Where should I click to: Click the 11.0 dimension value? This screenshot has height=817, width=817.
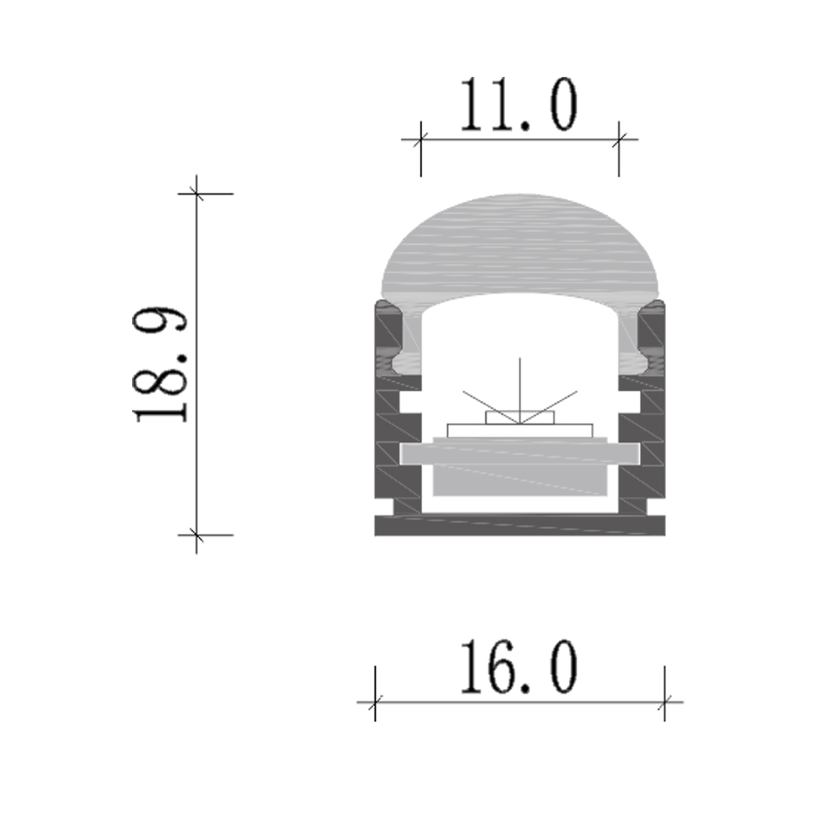tap(519, 105)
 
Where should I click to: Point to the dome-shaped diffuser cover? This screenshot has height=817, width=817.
tap(519, 245)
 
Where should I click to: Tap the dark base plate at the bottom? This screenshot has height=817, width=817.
tap(519, 525)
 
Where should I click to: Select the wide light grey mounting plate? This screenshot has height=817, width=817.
tap(519, 453)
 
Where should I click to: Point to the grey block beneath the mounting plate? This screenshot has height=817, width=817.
tap(519, 481)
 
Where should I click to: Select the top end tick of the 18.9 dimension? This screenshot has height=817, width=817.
tap(197, 193)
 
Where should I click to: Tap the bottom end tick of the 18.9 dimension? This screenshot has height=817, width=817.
tap(197, 535)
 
